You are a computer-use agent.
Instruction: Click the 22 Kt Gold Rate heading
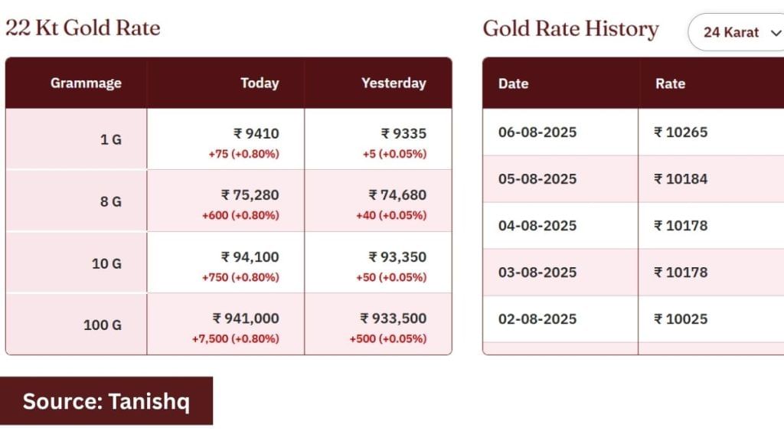(x=83, y=28)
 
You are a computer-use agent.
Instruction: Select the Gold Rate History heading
(x=570, y=29)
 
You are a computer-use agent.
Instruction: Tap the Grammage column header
(x=86, y=83)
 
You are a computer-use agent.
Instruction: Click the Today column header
(x=260, y=83)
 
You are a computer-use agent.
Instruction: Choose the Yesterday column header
(x=394, y=83)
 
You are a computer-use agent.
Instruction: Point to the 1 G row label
(x=111, y=139)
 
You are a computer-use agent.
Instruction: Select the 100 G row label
(x=103, y=325)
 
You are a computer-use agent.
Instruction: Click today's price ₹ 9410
(x=256, y=133)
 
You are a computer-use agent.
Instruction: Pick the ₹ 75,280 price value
(x=250, y=195)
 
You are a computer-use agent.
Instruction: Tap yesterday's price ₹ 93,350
(x=397, y=257)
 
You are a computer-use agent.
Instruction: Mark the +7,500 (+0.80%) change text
(x=236, y=338)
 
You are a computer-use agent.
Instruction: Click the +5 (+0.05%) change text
(x=394, y=153)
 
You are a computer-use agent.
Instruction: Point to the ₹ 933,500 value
(x=394, y=318)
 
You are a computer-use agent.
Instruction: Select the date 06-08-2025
(x=537, y=132)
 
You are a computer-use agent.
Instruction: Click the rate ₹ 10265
(x=681, y=132)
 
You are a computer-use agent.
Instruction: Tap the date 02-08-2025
(x=537, y=319)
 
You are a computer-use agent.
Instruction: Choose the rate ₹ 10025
(x=681, y=319)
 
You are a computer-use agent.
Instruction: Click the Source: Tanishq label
(x=106, y=401)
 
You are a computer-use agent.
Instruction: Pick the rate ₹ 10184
(x=681, y=179)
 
